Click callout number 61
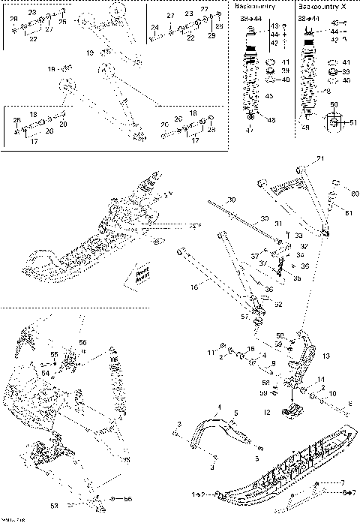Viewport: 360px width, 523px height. pos(348,213)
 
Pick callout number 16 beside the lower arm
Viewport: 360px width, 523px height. pos(193,286)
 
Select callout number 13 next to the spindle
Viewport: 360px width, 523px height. pos(325,356)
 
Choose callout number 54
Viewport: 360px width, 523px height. pos(46,372)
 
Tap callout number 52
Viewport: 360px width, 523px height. pos(277,305)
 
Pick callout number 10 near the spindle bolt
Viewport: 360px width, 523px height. pos(333,392)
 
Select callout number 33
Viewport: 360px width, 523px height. pos(289,236)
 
